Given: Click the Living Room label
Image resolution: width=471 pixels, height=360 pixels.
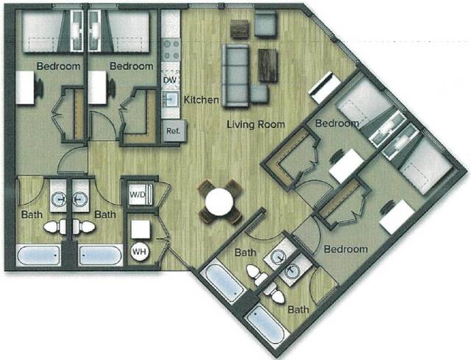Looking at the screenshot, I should click(255, 124).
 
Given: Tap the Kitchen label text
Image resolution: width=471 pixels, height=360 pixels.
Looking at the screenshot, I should click(199, 99).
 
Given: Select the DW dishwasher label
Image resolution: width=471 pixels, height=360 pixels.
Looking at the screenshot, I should click(169, 80).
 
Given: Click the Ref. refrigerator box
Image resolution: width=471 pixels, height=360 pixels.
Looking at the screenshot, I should click(173, 131).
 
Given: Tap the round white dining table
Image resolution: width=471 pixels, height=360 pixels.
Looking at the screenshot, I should click(219, 202).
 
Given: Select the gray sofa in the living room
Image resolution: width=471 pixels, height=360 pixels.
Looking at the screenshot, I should click(237, 74).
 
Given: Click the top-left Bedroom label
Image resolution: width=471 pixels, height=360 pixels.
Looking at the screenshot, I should click(59, 66).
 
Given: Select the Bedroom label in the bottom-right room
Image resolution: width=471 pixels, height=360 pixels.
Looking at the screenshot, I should click(345, 249).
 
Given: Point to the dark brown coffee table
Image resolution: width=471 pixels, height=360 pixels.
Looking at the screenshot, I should click(268, 65).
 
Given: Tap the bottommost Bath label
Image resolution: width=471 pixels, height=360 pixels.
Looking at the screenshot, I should click(298, 310).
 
